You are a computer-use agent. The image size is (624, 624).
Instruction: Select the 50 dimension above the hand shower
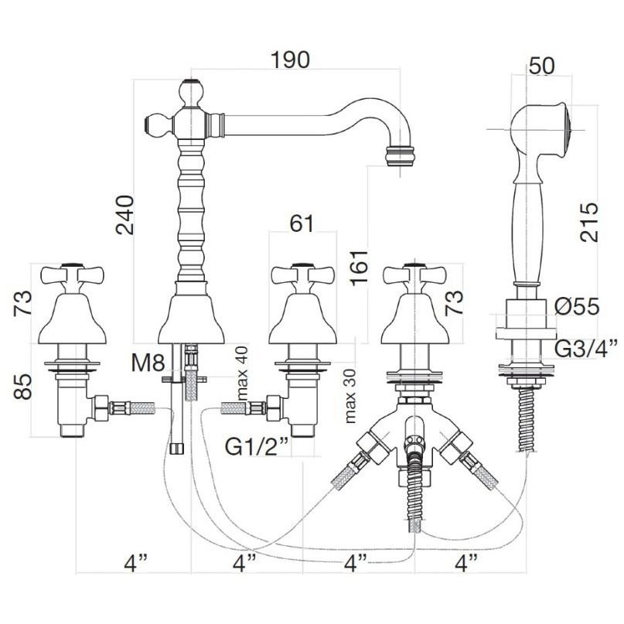click(542, 66)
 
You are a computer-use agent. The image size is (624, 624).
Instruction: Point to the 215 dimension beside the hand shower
click(589, 223)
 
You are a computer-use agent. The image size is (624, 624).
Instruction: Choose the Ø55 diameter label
click(577, 307)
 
